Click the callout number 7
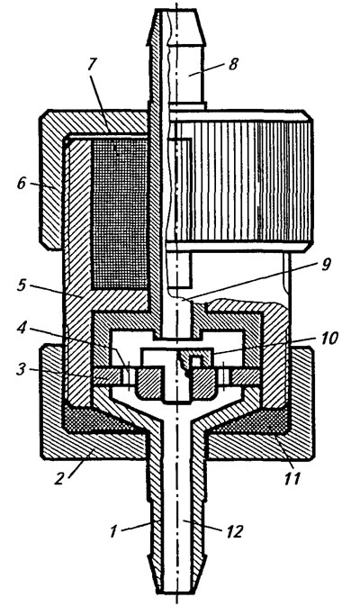[91, 65]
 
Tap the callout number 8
[232, 64]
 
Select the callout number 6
[22, 183]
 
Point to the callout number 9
[326, 265]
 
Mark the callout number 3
[22, 369]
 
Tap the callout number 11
[292, 479]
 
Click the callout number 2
[58, 479]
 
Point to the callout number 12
[234, 531]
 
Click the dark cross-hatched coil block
[120, 213]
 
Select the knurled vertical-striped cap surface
[239, 181]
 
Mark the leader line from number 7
[101, 101]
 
